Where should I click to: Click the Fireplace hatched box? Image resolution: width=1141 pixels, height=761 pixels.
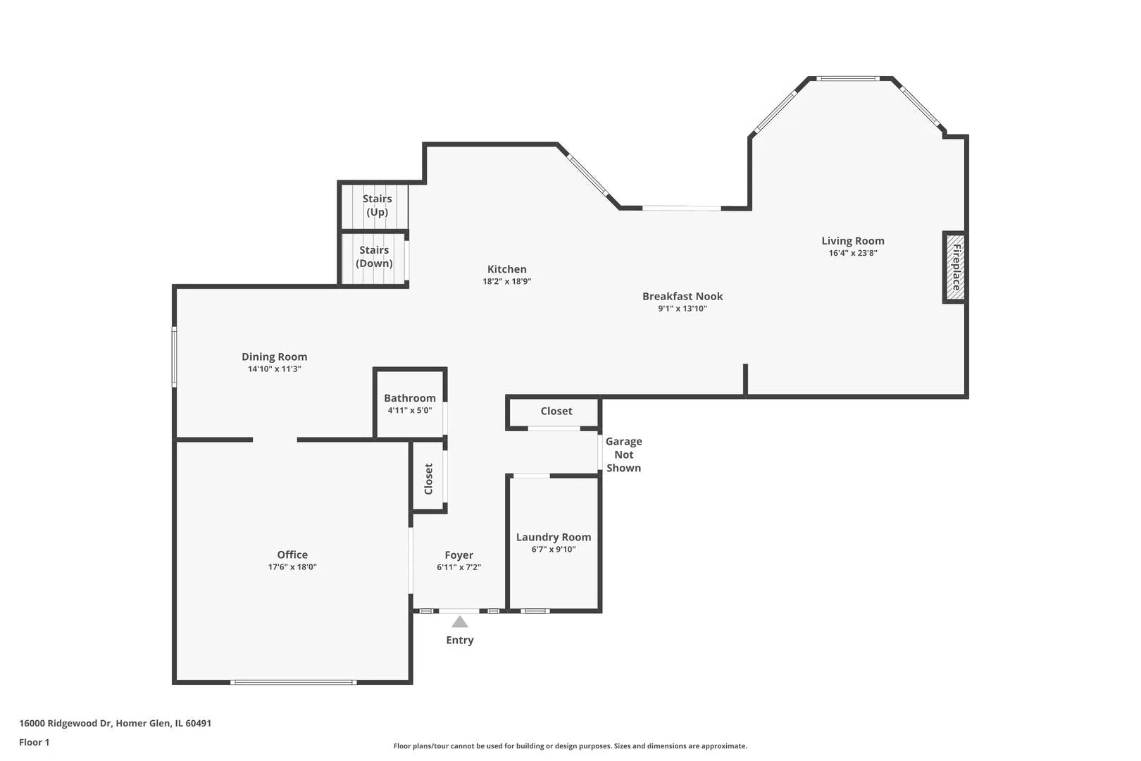tap(955, 268)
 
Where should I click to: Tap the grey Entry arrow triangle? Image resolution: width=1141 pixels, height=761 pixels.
tap(459, 621)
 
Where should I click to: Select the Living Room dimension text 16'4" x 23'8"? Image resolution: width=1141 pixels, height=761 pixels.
tap(853, 253)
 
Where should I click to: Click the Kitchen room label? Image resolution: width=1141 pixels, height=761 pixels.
tap(507, 269)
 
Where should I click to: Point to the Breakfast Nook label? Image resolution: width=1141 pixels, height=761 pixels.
tap(682, 296)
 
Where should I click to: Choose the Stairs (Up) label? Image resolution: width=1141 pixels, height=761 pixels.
tap(377, 205)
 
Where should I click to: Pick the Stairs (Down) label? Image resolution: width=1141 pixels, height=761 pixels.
tap(375, 256)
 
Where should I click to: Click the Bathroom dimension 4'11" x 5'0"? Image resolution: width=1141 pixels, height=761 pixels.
tap(409, 410)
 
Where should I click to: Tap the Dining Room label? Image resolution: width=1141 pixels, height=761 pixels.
tap(274, 357)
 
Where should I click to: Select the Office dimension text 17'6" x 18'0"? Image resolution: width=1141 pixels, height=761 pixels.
tap(292, 567)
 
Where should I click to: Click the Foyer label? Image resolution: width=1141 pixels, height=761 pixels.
tap(459, 555)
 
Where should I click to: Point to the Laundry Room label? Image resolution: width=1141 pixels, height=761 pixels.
tap(554, 537)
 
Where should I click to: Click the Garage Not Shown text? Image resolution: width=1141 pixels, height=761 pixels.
tap(623, 454)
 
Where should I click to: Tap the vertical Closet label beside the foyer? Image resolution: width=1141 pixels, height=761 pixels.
tap(428, 479)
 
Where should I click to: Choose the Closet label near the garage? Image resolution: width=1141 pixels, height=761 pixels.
tap(556, 411)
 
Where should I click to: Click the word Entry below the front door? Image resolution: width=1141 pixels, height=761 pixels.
tap(460, 641)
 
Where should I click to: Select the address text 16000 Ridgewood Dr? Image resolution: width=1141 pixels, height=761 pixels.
tap(66, 723)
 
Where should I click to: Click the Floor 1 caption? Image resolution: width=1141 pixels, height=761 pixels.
tap(34, 742)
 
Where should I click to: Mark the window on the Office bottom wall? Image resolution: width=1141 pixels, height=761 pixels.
tap(294, 682)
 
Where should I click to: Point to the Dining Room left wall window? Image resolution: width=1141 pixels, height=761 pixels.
tap(174, 357)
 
